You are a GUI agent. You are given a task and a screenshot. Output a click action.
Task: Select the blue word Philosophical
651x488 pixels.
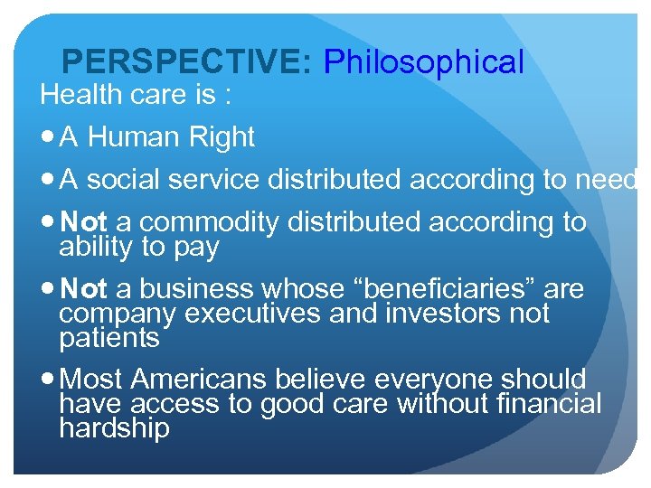point(423,61)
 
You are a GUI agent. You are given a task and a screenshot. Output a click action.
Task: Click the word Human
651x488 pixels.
point(132,136)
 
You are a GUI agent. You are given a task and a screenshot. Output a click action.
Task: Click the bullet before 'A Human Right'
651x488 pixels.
point(48,137)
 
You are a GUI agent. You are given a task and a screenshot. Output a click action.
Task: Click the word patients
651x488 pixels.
point(109,337)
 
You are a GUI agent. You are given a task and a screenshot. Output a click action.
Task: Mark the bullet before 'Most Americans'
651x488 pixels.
point(48,380)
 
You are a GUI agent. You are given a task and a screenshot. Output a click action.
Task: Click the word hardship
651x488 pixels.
point(114,427)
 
